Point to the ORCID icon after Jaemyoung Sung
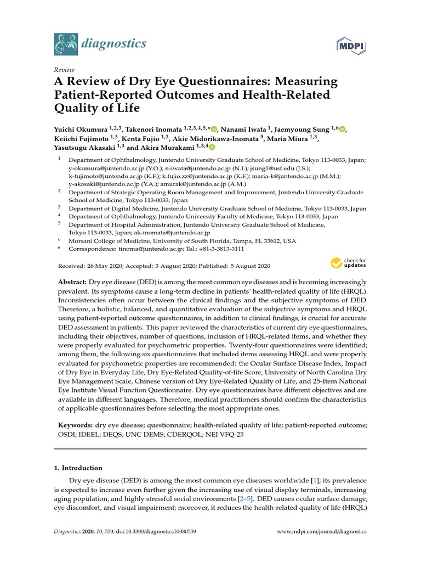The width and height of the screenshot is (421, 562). coord(343,129)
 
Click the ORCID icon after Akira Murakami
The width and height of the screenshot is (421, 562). coord(212,147)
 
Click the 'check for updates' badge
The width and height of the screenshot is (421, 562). coord(348,263)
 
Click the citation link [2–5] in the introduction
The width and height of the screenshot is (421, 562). coord(244,500)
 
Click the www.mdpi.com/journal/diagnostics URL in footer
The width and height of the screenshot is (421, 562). coord(322,532)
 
